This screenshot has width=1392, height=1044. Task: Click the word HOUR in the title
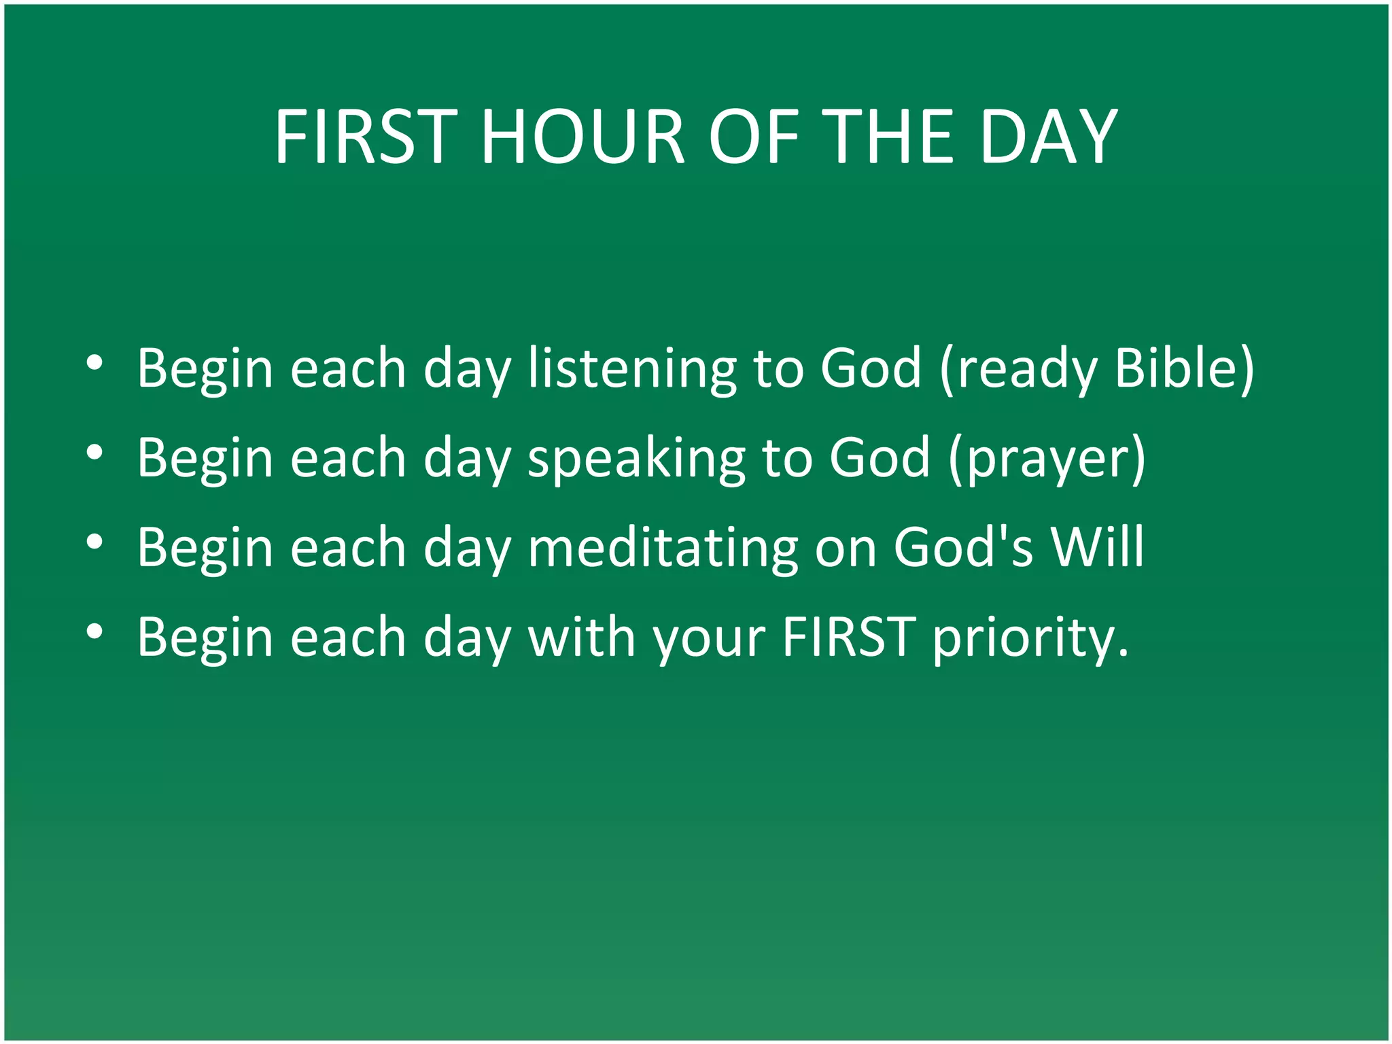point(582,137)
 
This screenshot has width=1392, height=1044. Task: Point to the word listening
point(632,368)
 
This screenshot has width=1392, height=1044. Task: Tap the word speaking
point(636,459)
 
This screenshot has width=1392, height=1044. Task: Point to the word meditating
point(663,547)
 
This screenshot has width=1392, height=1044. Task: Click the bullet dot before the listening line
point(94,362)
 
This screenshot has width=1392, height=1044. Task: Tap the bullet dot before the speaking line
point(94,452)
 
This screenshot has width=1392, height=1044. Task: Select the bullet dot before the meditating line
point(94,542)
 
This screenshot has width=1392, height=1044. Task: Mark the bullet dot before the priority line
point(94,631)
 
